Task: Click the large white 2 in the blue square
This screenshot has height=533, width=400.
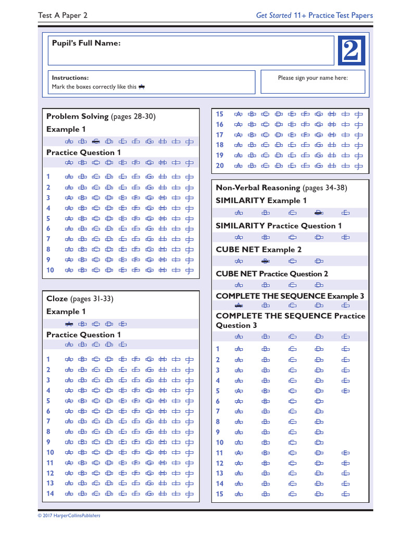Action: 352,50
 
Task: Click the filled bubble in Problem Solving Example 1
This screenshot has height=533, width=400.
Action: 95,141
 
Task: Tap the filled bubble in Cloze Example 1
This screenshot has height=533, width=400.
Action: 68,323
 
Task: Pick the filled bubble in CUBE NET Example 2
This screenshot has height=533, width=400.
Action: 265,261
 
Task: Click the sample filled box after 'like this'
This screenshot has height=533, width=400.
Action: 142,87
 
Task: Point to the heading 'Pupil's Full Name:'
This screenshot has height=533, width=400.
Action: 86,43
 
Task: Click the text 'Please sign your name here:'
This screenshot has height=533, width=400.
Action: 312,78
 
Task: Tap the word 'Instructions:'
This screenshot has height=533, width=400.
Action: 70,78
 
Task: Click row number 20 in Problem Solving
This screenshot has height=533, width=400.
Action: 219,166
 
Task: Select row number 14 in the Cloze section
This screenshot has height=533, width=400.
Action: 50,493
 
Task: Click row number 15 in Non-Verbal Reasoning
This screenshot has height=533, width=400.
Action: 219,494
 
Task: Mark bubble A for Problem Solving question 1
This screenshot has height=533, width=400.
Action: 68,177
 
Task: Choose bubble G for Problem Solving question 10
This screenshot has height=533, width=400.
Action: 149,270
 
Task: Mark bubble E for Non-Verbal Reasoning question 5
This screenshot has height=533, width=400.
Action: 345,391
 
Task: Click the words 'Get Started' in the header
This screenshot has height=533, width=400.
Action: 273,16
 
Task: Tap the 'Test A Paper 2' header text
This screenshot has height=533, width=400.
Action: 63,16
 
